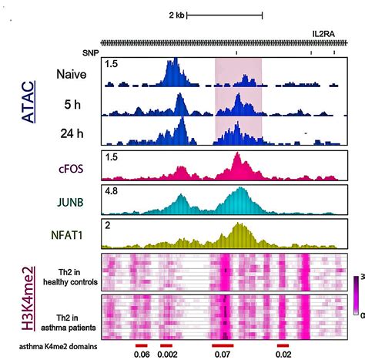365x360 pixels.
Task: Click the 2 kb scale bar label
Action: tap(176, 15)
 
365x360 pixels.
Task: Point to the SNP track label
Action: tap(91, 52)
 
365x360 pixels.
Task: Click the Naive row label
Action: tap(71, 75)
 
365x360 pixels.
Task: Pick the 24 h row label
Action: tap(72, 133)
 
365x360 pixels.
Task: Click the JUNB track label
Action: tap(72, 203)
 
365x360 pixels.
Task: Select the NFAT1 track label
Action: tap(72, 237)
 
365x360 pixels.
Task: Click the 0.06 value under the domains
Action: tap(142, 355)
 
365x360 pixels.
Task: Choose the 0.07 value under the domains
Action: tap(223, 355)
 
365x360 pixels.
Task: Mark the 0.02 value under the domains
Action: tap(283, 355)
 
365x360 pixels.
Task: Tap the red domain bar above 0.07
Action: tap(223, 345)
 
